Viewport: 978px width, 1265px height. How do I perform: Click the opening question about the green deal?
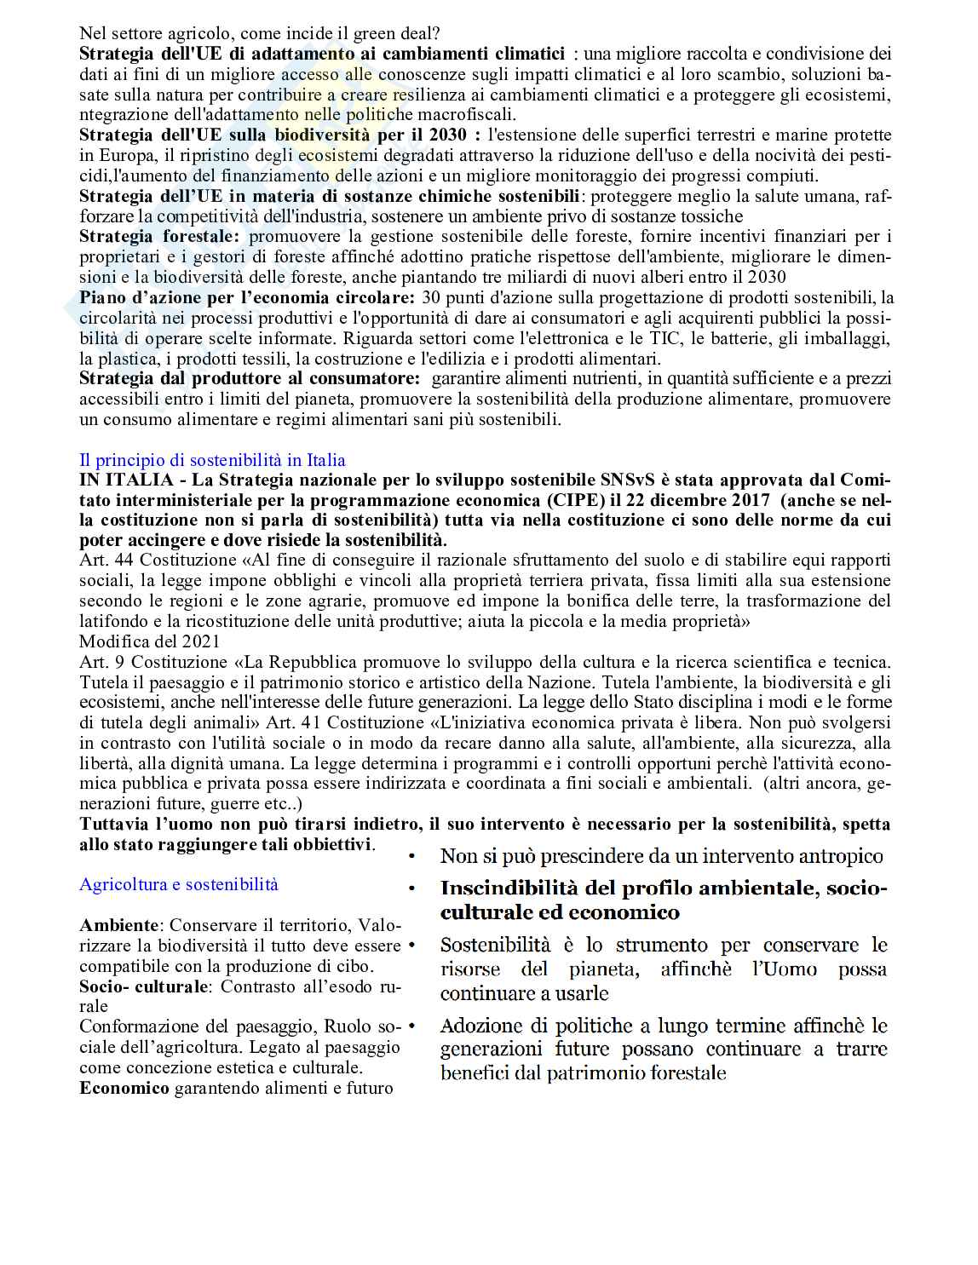point(259,34)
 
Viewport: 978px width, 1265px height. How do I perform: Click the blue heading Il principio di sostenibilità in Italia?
point(212,460)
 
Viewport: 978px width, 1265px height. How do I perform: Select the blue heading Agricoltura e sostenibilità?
point(179,884)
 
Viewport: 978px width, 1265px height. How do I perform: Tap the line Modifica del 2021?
point(149,641)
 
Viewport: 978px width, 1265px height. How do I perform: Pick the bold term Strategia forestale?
point(160,236)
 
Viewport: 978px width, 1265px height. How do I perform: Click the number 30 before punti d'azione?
point(430,297)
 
